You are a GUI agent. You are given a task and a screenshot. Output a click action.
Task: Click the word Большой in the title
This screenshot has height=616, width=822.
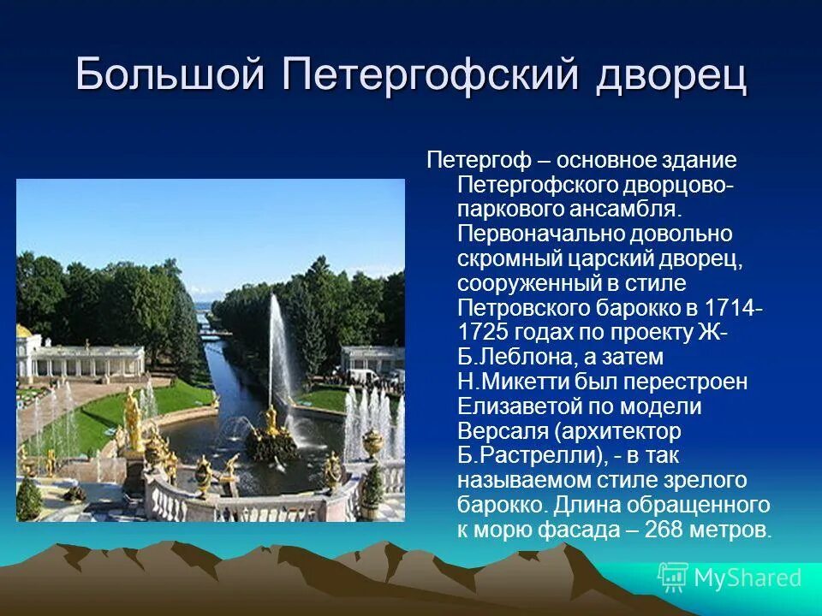point(170,74)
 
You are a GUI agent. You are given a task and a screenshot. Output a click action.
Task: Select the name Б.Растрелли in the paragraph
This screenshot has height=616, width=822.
point(529,455)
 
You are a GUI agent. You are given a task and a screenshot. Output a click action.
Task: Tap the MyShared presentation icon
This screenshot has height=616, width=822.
point(673,577)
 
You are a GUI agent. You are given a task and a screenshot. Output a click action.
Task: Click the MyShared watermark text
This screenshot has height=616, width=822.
point(748,577)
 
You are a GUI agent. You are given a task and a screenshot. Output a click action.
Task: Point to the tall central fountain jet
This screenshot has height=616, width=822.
point(277,351)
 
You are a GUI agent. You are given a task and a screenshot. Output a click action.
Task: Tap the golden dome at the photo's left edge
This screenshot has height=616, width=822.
point(24,331)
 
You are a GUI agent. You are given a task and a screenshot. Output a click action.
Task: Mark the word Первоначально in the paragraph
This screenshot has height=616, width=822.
point(539,234)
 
